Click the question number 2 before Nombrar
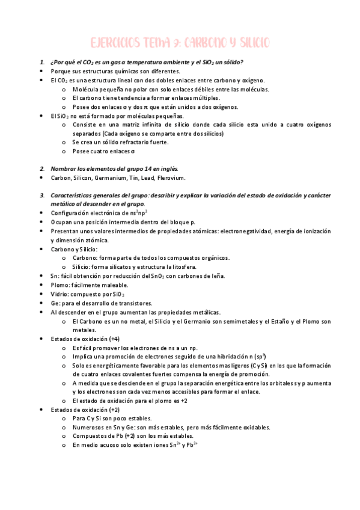[x=41, y=168]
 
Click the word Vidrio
[x=60, y=294]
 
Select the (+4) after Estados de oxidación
[x=111, y=339]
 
